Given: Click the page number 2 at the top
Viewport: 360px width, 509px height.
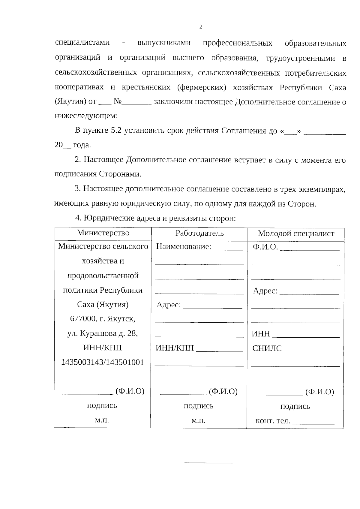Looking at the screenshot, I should [x=201, y=27].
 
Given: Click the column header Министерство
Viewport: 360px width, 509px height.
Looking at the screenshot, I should [x=103, y=233].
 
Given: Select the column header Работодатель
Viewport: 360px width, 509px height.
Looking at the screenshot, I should [x=199, y=233].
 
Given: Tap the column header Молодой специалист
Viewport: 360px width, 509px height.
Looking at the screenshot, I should [x=296, y=234].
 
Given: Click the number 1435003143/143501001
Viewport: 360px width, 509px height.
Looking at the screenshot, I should [x=103, y=362].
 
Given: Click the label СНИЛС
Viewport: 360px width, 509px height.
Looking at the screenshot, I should [x=267, y=348].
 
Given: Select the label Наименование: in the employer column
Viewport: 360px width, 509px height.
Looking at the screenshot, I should [x=184, y=247].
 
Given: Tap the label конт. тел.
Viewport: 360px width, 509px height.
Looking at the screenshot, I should [x=273, y=421].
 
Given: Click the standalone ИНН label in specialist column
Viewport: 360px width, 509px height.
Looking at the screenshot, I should [x=261, y=334].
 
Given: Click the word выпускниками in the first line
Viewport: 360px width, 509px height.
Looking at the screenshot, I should [x=164, y=43].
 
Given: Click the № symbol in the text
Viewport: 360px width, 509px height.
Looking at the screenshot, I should [x=117, y=102].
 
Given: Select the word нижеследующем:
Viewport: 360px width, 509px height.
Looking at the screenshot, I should [x=86, y=116].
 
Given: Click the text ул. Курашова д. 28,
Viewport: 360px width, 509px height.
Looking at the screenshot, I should [x=103, y=333].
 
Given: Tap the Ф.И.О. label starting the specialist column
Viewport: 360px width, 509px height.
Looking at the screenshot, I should [x=265, y=247].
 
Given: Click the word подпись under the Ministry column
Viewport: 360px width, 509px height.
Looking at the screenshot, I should [x=102, y=405].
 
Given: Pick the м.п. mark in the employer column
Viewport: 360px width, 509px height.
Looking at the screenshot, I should [x=198, y=420].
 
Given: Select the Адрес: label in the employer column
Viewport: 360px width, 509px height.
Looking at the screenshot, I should [x=169, y=305].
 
